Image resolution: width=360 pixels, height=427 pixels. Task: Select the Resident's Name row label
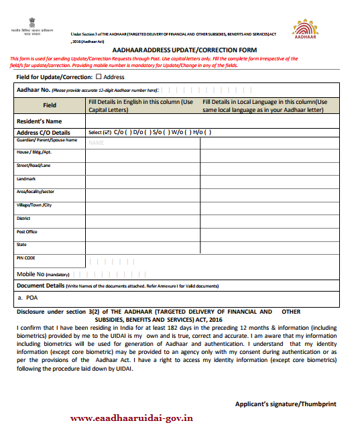point(39,121)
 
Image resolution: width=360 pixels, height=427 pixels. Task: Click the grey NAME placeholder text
point(96,143)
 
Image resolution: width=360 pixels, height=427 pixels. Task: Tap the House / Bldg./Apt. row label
point(34,153)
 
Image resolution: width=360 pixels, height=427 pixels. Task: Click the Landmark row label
point(27,179)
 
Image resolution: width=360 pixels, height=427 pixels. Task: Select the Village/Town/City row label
point(34,205)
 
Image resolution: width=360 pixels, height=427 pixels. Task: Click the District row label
point(24,219)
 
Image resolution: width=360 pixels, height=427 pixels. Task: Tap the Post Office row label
point(27,231)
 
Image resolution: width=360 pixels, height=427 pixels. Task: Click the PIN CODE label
point(26,258)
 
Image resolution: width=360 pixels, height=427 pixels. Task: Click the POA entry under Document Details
point(29,297)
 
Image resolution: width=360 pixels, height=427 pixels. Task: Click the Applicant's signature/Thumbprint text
point(286,404)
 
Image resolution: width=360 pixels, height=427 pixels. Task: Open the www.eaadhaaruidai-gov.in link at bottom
point(132,418)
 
